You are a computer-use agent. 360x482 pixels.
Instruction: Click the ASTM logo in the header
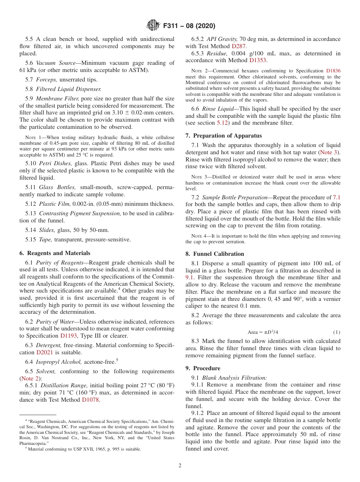click(x=153, y=26)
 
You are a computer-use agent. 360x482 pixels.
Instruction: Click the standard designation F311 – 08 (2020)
click(x=189, y=26)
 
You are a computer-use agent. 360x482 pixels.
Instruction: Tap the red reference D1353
click(x=258, y=60)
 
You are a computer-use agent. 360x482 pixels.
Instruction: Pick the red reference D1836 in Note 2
click(x=333, y=71)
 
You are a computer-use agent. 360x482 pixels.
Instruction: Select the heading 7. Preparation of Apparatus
click(x=224, y=136)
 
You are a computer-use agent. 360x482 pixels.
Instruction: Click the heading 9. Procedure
click(x=203, y=368)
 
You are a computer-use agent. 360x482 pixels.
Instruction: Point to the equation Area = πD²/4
click(x=263, y=332)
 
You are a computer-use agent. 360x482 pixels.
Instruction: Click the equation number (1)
click(x=337, y=332)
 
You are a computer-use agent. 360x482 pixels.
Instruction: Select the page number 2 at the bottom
click(x=180, y=466)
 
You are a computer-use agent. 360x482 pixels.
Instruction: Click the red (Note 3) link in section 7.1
click(x=330, y=152)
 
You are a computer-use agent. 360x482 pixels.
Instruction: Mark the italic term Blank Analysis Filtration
click(x=234, y=378)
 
